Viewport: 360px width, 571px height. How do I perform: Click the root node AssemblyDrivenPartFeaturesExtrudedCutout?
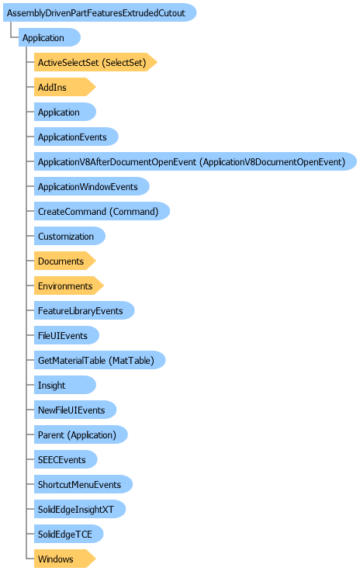tap(100, 12)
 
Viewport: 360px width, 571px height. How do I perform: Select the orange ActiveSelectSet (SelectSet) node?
tap(95, 62)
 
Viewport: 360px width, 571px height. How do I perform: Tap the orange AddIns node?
tap(65, 87)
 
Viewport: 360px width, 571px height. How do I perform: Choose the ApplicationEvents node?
tap(76, 137)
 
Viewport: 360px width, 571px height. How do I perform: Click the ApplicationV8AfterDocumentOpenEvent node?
tap(195, 161)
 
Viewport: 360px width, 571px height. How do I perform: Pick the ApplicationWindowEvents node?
tap(92, 186)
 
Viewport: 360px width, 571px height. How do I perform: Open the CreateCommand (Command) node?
tap(102, 211)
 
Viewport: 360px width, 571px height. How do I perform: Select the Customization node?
tap(70, 236)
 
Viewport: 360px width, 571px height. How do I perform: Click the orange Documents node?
tap(65, 261)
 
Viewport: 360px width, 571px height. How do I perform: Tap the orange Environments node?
tap(69, 285)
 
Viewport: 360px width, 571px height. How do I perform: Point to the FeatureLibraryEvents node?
tap(84, 310)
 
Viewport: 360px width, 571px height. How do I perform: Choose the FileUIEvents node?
tap(67, 335)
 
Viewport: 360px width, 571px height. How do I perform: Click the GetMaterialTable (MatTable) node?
tap(100, 360)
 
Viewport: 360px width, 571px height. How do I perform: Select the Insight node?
tap(65, 385)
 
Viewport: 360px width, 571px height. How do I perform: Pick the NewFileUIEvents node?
tap(75, 410)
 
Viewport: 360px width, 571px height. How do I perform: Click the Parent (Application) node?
tap(81, 434)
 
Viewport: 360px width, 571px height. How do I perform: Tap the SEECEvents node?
tap(65, 459)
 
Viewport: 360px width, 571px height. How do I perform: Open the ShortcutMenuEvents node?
tap(83, 484)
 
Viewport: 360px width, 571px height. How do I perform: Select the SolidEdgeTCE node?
tap(69, 535)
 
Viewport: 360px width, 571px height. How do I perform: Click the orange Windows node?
tap(65, 559)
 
